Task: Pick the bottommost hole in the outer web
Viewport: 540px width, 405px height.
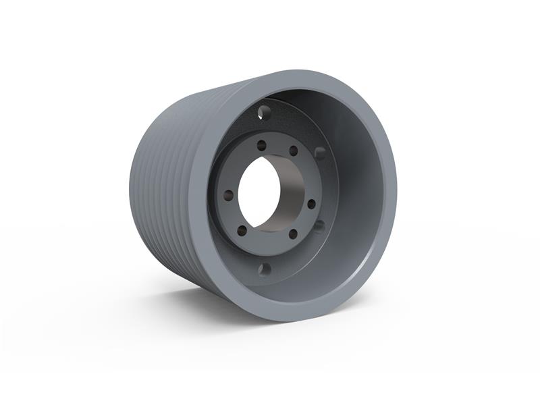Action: [265, 269]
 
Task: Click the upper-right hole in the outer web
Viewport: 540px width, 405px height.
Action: [320, 153]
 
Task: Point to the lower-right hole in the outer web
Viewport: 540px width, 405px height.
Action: [319, 225]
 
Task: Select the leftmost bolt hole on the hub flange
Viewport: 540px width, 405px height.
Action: [229, 195]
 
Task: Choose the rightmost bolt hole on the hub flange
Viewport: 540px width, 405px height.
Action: [311, 203]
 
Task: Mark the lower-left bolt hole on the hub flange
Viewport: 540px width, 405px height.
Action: [242, 231]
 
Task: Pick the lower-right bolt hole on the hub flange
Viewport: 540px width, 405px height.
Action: [292, 234]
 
